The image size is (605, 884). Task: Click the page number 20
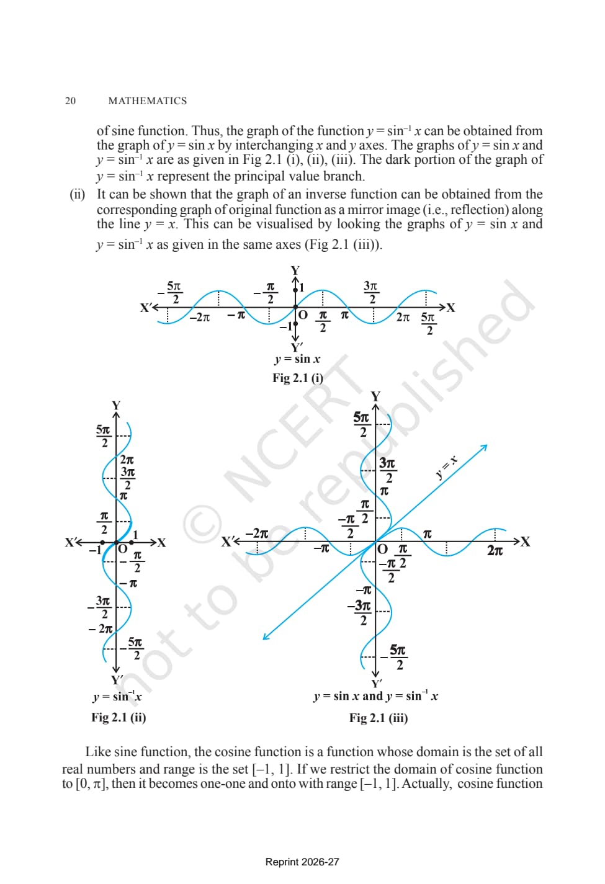70,100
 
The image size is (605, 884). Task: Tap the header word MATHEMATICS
148,100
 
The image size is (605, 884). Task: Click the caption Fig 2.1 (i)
298,378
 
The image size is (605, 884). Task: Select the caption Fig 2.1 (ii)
119,717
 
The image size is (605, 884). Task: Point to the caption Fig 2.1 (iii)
379,718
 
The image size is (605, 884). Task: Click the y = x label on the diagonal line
447,467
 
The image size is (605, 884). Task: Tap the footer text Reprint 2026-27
302,862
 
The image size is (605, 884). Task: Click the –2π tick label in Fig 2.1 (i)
199,317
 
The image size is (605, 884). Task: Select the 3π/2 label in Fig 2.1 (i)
371,292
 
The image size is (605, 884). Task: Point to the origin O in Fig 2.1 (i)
303,315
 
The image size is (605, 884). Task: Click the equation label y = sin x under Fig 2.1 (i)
298,359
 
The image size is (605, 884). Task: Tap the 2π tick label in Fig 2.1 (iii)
495,550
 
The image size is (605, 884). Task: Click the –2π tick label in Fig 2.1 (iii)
257,534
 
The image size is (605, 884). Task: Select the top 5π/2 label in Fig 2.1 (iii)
362,424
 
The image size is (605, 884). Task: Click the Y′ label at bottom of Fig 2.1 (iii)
377,683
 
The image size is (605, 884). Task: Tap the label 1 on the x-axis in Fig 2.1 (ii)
135,535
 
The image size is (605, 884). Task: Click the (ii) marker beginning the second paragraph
78,194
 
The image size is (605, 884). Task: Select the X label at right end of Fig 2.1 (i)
450,308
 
